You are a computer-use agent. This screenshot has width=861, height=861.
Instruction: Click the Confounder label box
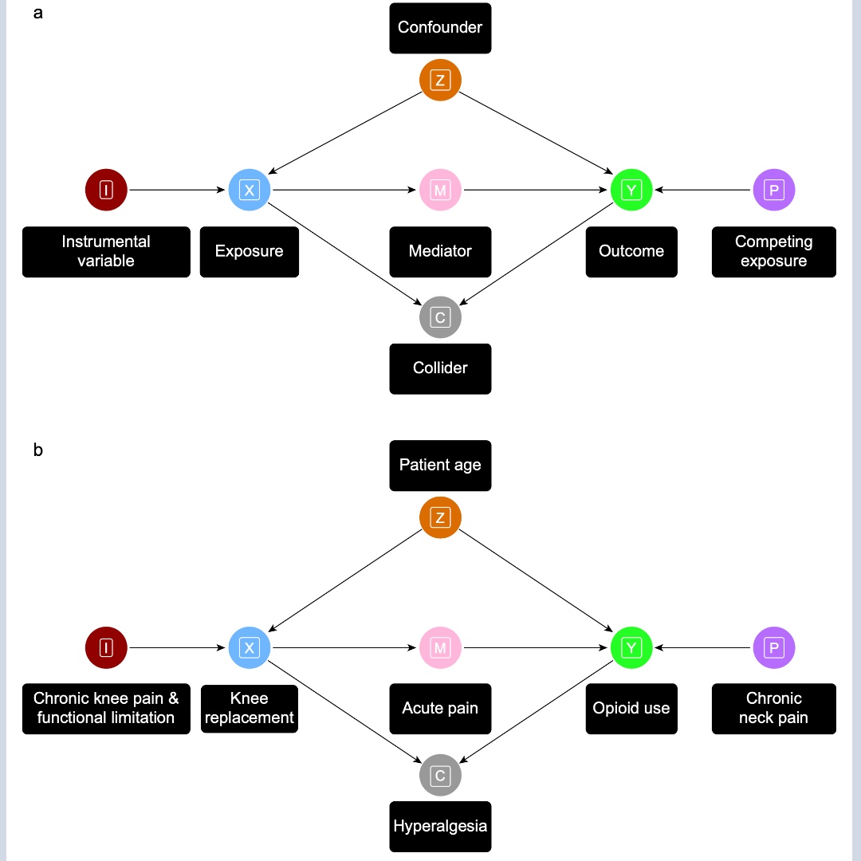pos(440,28)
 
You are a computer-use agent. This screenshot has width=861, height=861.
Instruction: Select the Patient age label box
pos(440,466)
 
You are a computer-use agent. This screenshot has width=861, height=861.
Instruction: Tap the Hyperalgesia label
pos(440,826)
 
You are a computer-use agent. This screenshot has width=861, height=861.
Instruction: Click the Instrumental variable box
pos(106,252)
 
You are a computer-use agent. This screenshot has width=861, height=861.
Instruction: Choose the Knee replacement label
pos(249,709)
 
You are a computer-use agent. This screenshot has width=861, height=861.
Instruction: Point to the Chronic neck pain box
pos(773,709)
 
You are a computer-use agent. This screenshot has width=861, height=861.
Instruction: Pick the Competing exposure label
pos(773,252)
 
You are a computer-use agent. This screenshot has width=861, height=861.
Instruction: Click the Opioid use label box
pos(631,709)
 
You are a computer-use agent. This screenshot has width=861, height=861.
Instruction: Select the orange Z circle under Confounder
pos(440,80)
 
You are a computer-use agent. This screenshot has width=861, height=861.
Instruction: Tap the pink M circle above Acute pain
pos(440,648)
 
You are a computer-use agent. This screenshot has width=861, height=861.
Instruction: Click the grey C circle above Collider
pos(440,317)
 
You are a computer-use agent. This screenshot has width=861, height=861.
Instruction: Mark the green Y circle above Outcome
pos(631,191)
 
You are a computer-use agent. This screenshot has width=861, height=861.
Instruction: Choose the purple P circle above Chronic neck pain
pos(773,648)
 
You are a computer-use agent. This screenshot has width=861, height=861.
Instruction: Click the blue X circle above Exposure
pos(250,191)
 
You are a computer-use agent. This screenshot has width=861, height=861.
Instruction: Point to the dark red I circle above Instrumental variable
pos(106,191)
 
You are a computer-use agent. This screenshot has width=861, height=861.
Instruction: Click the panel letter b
pos(38,450)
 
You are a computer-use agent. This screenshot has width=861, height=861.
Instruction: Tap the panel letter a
pos(38,14)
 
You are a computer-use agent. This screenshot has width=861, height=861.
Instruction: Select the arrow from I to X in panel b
pos(177,648)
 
